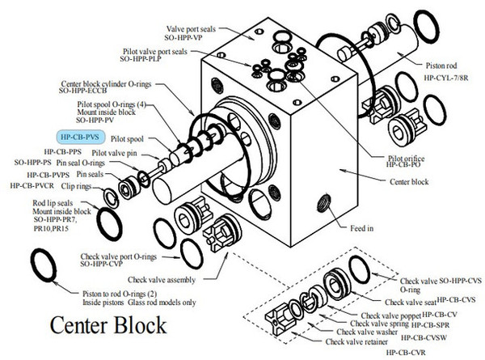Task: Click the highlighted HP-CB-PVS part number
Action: (x=79, y=138)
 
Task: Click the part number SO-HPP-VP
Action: (x=192, y=37)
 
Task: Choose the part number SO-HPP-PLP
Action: (x=144, y=60)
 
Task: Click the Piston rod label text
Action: (x=443, y=64)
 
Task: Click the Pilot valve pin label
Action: (x=116, y=152)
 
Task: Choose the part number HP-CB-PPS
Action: (x=63, y=151)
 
